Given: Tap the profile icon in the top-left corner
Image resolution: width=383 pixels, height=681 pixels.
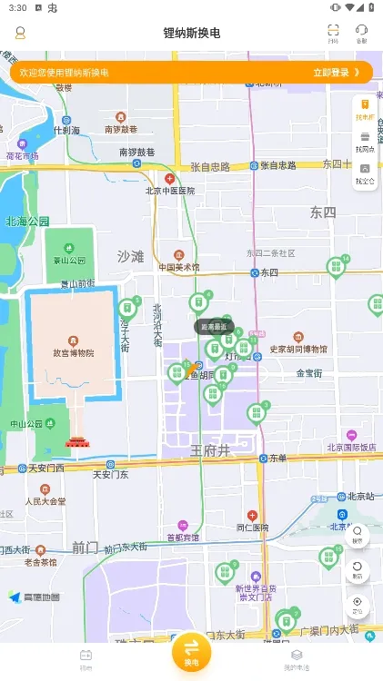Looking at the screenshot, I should tap(20, 34).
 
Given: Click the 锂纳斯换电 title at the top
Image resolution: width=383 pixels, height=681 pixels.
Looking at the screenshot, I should tap(191, 34).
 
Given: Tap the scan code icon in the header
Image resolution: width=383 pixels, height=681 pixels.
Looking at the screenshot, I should tap(333, 34).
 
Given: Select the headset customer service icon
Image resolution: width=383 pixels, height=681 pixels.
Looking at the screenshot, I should tap(362, 34).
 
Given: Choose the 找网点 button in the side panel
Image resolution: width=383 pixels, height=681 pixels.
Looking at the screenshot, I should tap(365, 142).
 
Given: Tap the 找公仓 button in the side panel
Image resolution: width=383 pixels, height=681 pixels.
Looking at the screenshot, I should tap(365, 173).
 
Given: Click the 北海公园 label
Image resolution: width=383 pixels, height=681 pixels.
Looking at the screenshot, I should tap(27, 221).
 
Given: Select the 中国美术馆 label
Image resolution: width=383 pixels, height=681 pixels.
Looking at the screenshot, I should tap(179, 267).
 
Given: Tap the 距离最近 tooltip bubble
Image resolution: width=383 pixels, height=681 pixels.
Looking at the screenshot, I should tap(214, 326).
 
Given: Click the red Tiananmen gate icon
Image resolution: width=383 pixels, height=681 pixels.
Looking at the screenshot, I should tap(77, 441).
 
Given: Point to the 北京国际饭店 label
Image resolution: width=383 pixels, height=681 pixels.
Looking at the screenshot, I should tap(351, 447).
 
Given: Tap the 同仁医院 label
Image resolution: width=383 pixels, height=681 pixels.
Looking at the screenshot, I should tap(253, 527).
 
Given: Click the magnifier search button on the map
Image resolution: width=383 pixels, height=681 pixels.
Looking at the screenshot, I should tap(358, 533).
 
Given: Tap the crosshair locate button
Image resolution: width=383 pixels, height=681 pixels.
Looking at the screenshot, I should tap(358, 604).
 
